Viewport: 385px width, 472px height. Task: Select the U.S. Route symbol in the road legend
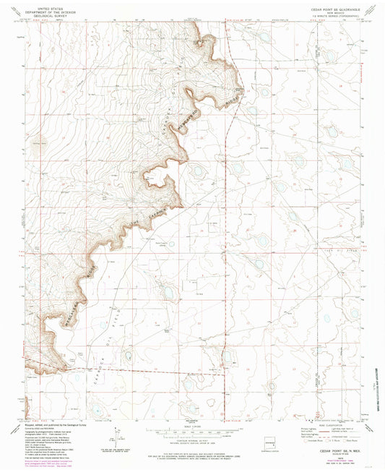coord(329,440)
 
